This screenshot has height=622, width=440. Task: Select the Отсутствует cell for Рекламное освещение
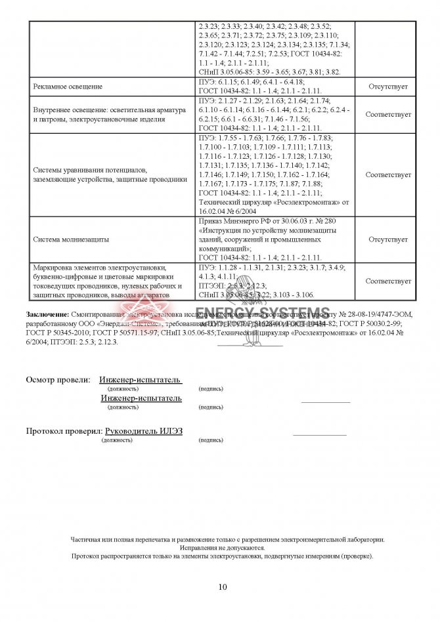388,87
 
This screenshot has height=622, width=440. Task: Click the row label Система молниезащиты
72,239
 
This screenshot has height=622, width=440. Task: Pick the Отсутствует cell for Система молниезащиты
388,239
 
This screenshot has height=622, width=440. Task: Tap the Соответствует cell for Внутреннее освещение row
388,114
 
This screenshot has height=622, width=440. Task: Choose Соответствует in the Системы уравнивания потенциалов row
388,175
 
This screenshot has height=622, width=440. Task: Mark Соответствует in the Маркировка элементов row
388,281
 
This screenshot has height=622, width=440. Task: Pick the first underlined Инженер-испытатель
140,380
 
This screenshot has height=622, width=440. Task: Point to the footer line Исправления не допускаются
222,547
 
